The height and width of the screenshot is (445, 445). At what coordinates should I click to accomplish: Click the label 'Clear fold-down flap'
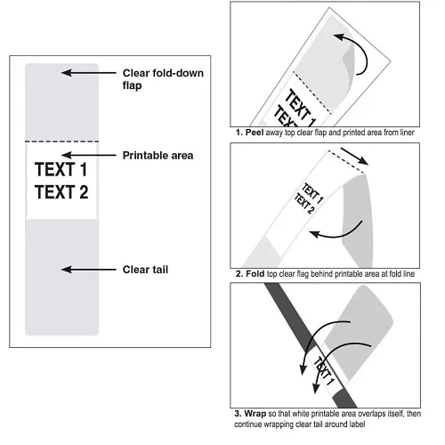(x=163, y=79)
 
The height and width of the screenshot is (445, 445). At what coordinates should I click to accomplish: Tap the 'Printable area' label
(x=158, y=156)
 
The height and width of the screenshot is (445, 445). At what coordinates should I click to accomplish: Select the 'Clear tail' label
(x=145, y=270)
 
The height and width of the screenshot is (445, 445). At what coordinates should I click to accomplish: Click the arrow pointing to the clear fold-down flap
(x=89, y=73)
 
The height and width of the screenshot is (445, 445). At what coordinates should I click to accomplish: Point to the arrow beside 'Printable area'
(x=89, y=155)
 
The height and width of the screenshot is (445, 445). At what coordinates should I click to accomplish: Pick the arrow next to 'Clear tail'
(x=89, y=270)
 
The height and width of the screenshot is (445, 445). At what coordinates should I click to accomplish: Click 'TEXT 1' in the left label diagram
(x=61, y=169)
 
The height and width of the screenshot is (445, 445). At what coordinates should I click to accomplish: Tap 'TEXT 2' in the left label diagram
(x=61, y=192)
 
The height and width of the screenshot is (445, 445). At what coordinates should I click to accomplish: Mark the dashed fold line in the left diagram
(x=61, y=142)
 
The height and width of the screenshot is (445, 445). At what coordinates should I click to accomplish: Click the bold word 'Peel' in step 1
(x=255, y=133)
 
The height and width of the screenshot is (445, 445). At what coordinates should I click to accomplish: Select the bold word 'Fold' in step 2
(x=255, y=273)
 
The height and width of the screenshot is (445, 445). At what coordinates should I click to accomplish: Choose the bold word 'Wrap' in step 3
(x=255, y=413)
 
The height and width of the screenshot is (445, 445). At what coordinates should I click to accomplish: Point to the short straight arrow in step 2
(x=354, y=156)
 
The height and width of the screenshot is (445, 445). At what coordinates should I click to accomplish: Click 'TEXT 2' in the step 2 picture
(x=304, y=203)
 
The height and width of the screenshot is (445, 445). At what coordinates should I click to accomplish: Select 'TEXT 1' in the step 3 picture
(x=324, y=371)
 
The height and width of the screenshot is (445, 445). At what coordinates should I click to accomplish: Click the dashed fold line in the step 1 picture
(x=311, y=93)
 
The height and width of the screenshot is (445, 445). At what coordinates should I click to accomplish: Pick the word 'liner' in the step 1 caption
(x=406, y=133)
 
